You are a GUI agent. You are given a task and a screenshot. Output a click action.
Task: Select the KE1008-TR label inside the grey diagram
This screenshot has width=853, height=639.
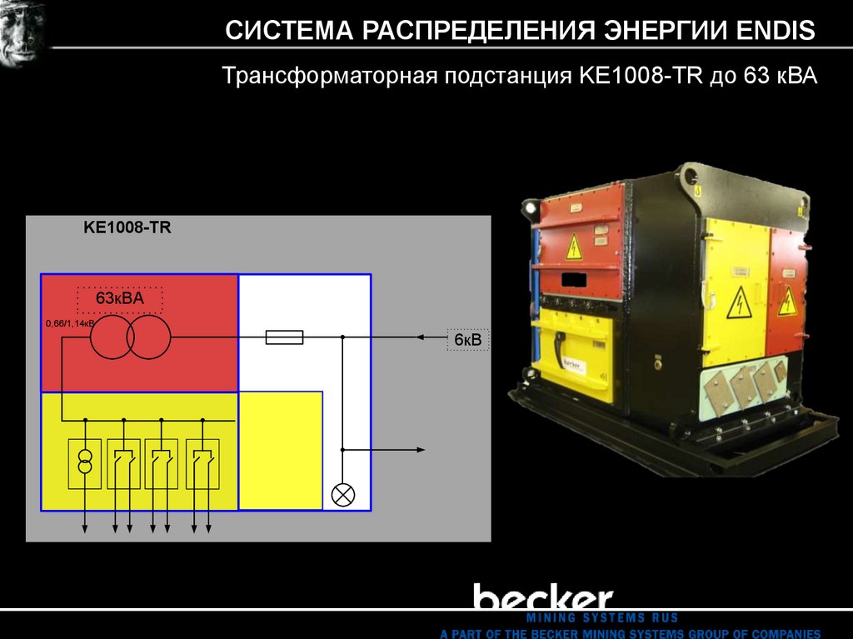(x=127, y=227)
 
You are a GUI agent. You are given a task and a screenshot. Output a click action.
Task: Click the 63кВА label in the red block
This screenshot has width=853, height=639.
(x=120, y=298)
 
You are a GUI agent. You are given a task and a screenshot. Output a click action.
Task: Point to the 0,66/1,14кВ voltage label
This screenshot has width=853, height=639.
(x=70, y=323)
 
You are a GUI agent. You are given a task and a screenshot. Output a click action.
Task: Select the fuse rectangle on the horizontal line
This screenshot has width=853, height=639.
(x=283, y=337)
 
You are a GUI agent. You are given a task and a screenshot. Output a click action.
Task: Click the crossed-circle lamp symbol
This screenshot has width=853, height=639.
(x=342, y=493)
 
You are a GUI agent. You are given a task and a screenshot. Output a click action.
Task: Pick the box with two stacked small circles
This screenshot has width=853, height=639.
(x=84, y=462)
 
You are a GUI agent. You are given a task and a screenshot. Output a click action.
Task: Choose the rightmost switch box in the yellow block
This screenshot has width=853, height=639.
(x=202, y=462)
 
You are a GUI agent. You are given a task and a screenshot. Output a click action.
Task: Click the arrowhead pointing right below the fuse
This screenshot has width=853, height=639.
(x=420, y=450)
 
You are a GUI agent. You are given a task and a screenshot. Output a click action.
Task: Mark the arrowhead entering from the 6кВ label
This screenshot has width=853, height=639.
(x=422, y=337)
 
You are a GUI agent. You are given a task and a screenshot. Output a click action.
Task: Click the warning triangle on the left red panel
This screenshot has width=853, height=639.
(x=574, y=247)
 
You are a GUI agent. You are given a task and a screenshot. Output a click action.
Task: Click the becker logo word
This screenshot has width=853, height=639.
(x=543, y=598)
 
